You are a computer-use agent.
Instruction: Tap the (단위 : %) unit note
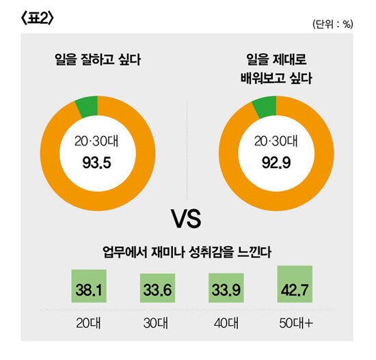(332, 25)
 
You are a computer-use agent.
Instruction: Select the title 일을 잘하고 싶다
(97, 59)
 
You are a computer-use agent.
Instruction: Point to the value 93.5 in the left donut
(97, 164)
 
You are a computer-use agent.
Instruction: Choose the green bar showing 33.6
(157, 288)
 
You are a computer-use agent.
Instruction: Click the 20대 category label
(89, 322)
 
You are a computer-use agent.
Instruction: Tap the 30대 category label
(157, 322)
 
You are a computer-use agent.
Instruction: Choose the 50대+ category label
(295, 322)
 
